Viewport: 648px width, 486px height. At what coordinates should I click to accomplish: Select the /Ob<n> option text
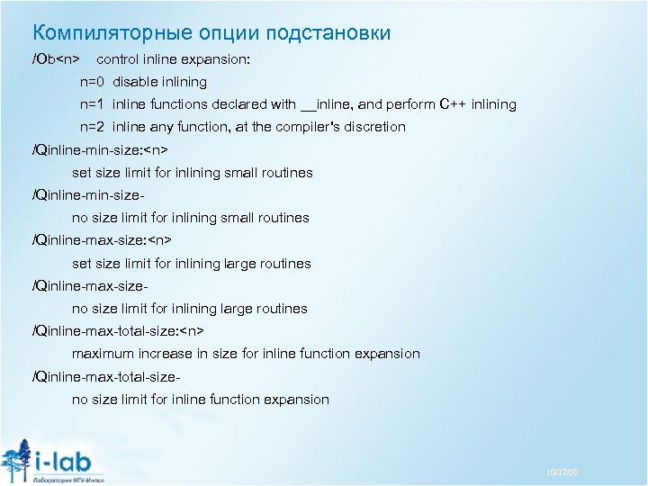click(x=56, y=59)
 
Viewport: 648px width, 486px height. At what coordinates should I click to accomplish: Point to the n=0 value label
click(x=93, y=82)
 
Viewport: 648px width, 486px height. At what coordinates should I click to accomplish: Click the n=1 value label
click(x=93, y=104)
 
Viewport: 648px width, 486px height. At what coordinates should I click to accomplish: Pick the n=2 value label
click(x=93, y=127)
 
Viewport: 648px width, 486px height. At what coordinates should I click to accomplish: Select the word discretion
click(x=373, y=127)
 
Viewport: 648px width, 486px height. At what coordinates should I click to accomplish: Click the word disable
click(x=135, y=82)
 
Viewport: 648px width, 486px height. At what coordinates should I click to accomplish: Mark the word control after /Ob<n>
click(x=119, y=59)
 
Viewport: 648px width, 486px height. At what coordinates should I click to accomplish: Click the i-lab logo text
click(x=67, y=457)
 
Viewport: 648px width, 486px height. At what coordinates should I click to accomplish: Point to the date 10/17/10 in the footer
click(x=562, y=473)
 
